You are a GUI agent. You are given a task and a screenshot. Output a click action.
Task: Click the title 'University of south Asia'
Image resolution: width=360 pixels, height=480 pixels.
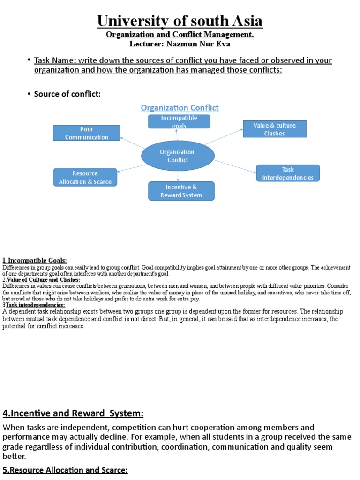(x=180, y=21)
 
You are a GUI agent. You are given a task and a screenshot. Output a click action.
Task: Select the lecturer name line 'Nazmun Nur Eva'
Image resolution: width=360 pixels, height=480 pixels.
(x=180, y=44)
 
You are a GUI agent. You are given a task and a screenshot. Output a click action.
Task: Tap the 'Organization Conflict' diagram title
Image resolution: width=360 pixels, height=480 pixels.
(x=180, y=108)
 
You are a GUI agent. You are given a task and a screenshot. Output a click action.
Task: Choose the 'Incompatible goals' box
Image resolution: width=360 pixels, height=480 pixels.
(x=179, y=121)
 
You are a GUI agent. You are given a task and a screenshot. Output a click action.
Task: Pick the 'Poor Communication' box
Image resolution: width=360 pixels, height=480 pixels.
(x=87, y=133)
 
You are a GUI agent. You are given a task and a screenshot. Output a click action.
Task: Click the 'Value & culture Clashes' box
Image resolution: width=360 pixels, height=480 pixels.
(x=274, y=129)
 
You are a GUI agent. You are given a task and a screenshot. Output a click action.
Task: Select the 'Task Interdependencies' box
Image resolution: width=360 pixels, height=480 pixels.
(x=288, y=173)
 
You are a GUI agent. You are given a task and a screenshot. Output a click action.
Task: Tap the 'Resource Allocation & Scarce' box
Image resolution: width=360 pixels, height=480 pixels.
(x=85, y=177)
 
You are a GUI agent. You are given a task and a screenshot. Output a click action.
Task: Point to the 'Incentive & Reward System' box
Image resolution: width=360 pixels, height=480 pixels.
(x=181, y=191)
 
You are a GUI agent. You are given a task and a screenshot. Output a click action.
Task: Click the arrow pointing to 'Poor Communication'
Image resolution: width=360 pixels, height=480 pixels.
(x=132, y=143)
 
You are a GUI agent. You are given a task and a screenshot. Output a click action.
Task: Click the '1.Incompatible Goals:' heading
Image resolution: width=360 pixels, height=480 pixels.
(x=35, y=260)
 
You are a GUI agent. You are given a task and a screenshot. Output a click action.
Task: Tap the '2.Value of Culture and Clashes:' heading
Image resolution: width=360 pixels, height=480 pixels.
(x=42, y=280)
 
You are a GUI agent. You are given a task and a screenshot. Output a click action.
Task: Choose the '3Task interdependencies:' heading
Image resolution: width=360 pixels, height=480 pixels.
(x=35, y=304)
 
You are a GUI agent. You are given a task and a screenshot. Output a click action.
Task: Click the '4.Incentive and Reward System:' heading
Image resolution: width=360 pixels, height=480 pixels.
(x=73, y=413)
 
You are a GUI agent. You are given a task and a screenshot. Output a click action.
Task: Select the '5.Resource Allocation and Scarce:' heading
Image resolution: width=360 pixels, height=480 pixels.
(x=65, y=470)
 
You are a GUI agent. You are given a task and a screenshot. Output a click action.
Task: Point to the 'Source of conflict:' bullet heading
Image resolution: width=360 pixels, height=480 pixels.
(x=67, y=94)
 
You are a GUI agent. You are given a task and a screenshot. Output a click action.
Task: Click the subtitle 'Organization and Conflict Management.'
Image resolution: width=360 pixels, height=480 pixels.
(x=180, y=35)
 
